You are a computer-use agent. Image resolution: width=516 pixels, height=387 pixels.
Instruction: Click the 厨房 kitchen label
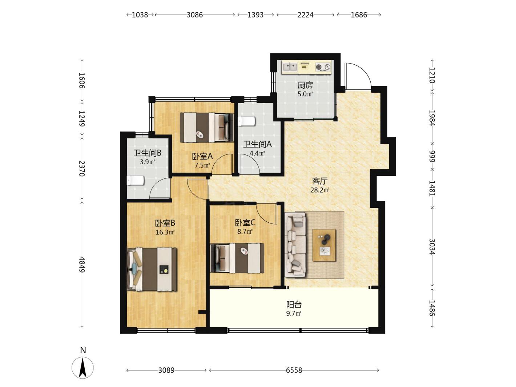(x=305, y=85)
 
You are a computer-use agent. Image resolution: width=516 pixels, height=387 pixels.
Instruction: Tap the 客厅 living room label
(x=320, y=181)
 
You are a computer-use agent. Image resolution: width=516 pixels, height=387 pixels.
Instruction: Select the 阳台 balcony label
(x=294, y=305)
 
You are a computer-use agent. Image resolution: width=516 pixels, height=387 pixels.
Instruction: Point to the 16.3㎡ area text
(x=165, y=232)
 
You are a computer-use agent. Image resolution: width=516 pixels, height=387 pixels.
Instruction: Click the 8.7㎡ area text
(x=245, y=231)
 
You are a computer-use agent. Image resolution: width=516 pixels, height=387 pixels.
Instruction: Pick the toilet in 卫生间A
(x=246, y=121)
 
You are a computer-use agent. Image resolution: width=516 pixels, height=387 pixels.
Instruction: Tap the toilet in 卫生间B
(x=136, y=181)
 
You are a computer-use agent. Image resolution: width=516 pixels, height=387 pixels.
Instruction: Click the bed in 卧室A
(x=207, y=128)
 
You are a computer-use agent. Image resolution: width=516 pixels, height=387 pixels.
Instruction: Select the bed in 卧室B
(x=152, y=269)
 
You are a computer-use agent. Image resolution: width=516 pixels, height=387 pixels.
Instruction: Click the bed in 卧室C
(x=237, y=258)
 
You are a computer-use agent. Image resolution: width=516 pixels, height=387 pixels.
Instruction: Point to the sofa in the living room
(x=295, y=245)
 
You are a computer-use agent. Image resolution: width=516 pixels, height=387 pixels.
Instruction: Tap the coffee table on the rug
(x=324, y=245)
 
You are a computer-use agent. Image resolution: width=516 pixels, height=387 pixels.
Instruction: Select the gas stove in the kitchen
(x=323, y=67)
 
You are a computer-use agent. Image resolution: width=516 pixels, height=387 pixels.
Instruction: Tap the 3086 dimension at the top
(x=195, y=15)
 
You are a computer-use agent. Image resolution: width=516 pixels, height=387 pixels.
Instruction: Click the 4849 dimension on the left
(x=82, y=264)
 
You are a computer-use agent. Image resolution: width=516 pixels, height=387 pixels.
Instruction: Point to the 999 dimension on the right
(x=432, y=156)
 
